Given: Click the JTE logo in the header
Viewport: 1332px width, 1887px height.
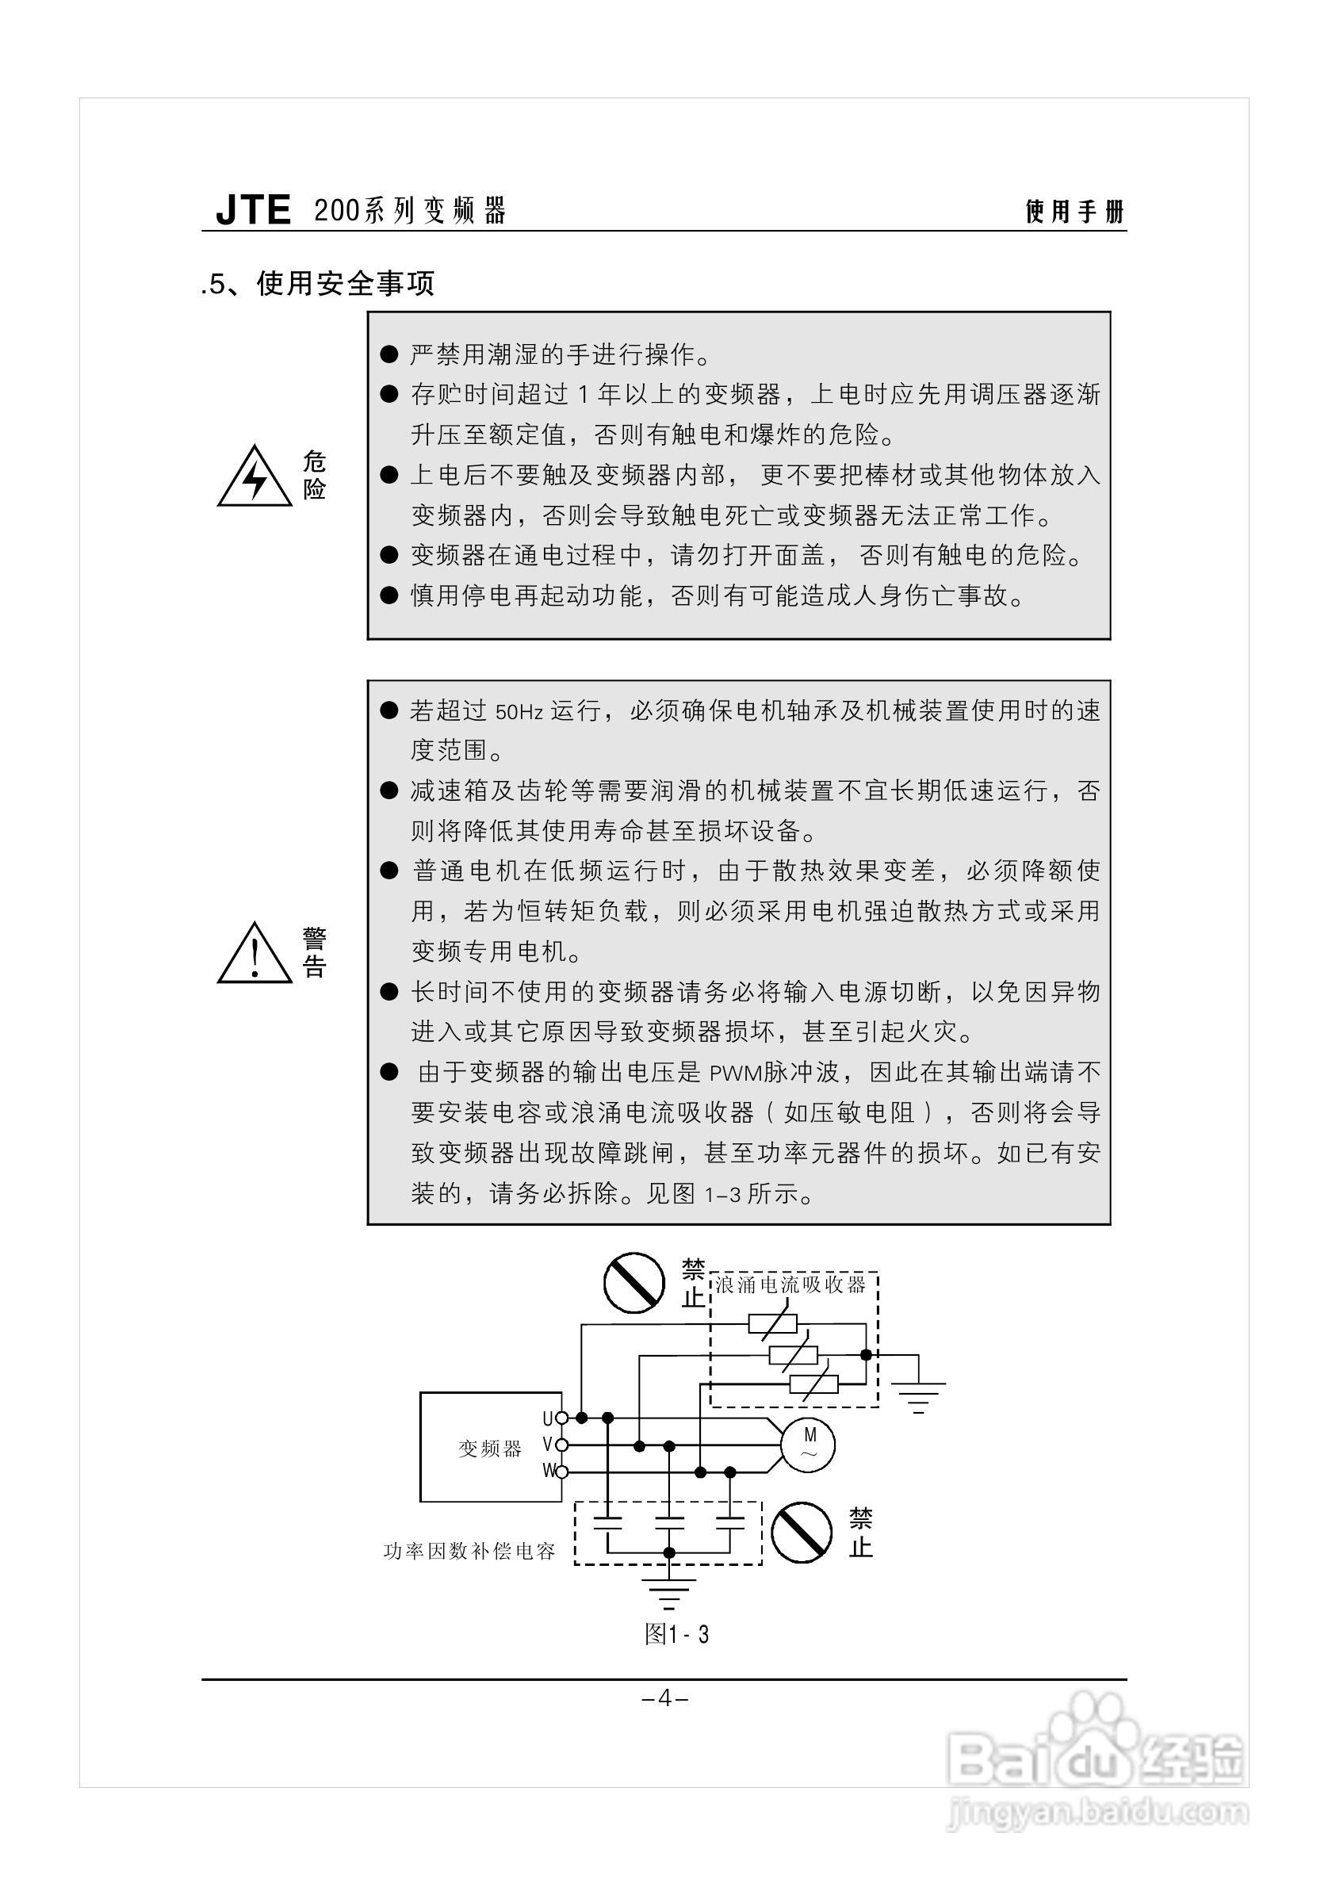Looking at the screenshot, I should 253,210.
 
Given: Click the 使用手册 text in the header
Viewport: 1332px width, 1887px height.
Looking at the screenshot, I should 1074,212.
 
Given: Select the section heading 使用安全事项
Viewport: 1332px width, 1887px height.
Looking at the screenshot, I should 345,284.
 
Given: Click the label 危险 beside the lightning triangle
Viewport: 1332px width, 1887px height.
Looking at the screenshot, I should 314,475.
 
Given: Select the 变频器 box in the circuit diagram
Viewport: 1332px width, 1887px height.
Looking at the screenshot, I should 491,1447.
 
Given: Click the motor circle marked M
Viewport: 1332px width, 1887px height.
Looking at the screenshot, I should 808,1445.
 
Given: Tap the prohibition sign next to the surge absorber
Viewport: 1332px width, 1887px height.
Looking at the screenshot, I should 633,1282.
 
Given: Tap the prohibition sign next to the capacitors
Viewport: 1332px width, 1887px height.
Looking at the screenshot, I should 804,1532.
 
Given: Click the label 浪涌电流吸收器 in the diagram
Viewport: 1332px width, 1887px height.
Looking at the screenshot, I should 790,1284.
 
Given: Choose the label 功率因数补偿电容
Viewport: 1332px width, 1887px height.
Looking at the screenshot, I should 470,1551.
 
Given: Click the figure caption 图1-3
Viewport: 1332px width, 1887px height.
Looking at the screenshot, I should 676,1634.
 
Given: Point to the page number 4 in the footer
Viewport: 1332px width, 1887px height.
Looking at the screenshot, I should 665,1698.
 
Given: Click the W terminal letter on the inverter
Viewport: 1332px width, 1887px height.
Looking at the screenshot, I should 548,1470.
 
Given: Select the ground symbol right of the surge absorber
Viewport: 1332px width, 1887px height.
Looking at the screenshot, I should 918,1394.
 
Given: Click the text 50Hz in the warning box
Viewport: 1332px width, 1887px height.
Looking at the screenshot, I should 519,712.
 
